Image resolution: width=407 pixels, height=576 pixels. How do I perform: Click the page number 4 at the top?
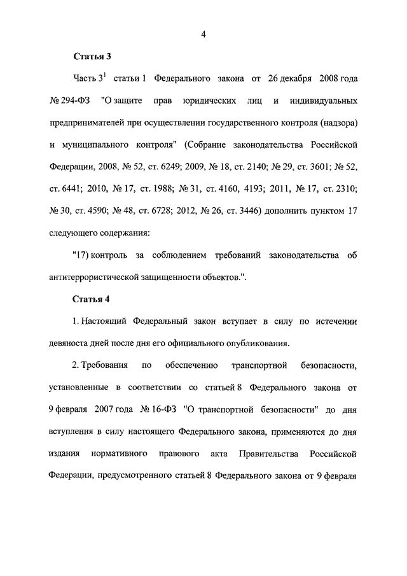203,34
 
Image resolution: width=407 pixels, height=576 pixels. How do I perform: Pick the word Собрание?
206,145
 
